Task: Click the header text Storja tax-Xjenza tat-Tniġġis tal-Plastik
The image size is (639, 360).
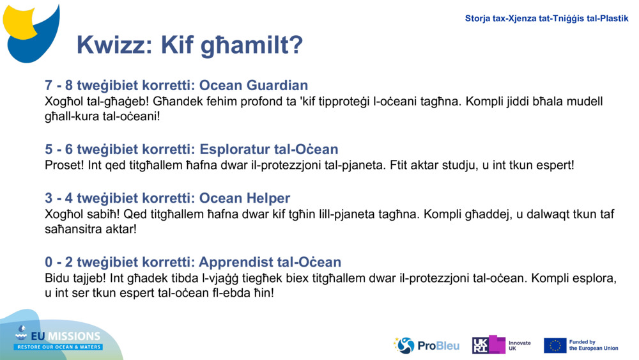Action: [x=546, y=19]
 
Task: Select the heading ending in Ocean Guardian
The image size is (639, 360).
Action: [x=176, y=86]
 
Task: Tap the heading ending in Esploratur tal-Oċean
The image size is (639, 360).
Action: [x=191, y=150]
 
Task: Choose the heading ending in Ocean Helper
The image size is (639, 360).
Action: [x=167, y=198]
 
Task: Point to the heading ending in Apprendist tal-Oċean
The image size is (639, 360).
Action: [x=193, y=262]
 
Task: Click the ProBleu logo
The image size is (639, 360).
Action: [x=426, y=345]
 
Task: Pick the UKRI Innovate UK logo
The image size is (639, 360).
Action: [x=501, y=345]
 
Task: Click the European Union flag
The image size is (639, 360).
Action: [x=555, y=345]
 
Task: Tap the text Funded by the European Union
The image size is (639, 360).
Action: [x=593, y=345]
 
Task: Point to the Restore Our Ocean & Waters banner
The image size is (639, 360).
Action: [x=59, y=347]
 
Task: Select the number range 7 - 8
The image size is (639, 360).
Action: [x=59, y=86]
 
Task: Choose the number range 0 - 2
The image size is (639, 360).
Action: [x=59, y=262]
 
